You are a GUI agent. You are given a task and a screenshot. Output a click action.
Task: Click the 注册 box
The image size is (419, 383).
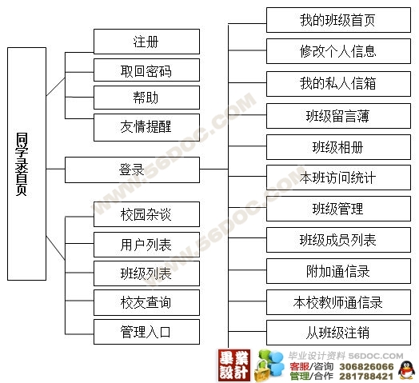(146, 42)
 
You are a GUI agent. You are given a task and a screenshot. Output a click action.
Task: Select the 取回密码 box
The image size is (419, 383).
(146, 70)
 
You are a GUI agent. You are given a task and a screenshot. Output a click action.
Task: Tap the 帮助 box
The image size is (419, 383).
(146, 98)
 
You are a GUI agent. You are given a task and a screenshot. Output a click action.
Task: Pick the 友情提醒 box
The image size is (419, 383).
(146, 127)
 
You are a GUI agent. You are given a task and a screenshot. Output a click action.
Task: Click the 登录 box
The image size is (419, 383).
(132, 170)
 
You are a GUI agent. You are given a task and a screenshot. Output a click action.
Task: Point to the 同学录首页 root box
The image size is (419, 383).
(26, 164)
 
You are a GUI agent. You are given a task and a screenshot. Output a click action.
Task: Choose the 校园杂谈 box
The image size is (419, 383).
(146, 214)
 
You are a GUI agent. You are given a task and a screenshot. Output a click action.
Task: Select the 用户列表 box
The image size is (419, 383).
(146, 245)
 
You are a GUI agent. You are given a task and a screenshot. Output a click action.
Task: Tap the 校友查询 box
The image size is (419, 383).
(146, 302)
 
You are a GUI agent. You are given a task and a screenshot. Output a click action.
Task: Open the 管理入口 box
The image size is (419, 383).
(146, 332)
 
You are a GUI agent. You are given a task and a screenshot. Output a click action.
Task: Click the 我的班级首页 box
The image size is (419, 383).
(338, 20)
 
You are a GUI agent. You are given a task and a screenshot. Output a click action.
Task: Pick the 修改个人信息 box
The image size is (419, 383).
(338, 51)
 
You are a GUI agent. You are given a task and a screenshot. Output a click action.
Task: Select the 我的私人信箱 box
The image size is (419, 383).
(338, 84)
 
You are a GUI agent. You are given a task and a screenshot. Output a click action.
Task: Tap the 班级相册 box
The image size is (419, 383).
(338, 147)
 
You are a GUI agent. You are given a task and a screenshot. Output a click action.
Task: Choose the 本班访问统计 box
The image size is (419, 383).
(338, 178)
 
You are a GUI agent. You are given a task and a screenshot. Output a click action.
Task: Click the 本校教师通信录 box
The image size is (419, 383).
(338, 302)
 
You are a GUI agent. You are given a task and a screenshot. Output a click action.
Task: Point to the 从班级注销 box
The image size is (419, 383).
(338, 333)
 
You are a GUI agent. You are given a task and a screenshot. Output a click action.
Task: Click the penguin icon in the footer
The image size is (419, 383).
(406, 370)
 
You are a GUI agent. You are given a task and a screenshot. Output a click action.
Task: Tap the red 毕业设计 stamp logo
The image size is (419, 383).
(234, 365)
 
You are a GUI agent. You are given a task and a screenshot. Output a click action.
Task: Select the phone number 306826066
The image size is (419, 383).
(366, 366)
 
